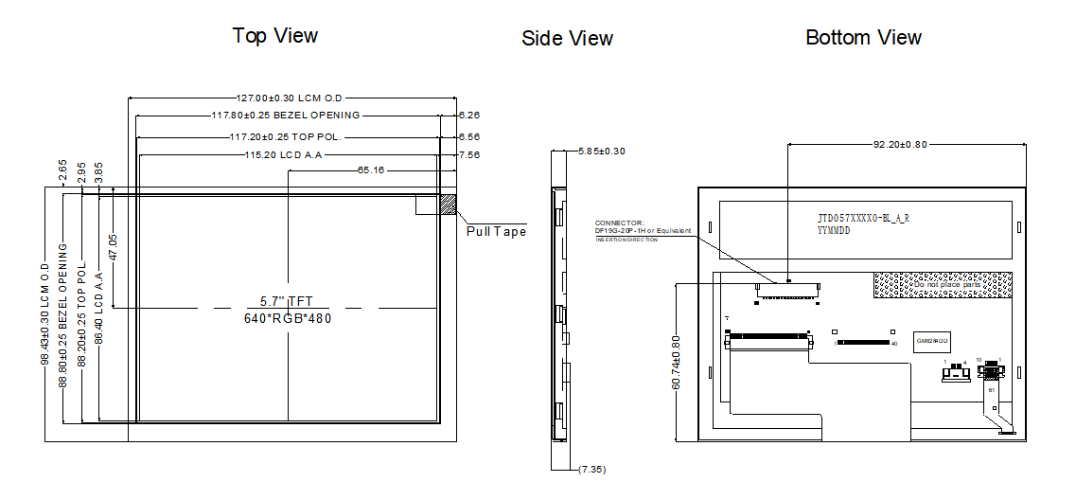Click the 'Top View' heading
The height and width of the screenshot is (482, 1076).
click(275, 36)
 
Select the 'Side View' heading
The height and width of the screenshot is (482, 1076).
click(567, 39)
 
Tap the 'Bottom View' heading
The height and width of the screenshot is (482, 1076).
click(863, 38)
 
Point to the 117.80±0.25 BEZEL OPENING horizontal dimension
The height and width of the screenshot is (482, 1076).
click(285, 116)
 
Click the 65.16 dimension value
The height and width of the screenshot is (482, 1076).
click(370, 170)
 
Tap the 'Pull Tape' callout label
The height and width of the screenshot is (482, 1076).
click(496, 231)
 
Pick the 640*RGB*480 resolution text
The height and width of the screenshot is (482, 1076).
click(288, 318)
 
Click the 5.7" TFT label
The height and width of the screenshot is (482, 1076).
click(286, 301)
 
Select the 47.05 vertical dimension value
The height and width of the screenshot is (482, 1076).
click(113, 246)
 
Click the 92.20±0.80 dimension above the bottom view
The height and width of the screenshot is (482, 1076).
click(900, 145)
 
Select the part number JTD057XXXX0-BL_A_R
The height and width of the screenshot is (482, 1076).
click(863, 218)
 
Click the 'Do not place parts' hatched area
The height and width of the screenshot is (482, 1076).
click(942, 283)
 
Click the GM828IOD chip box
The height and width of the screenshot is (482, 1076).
click(932, 339)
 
